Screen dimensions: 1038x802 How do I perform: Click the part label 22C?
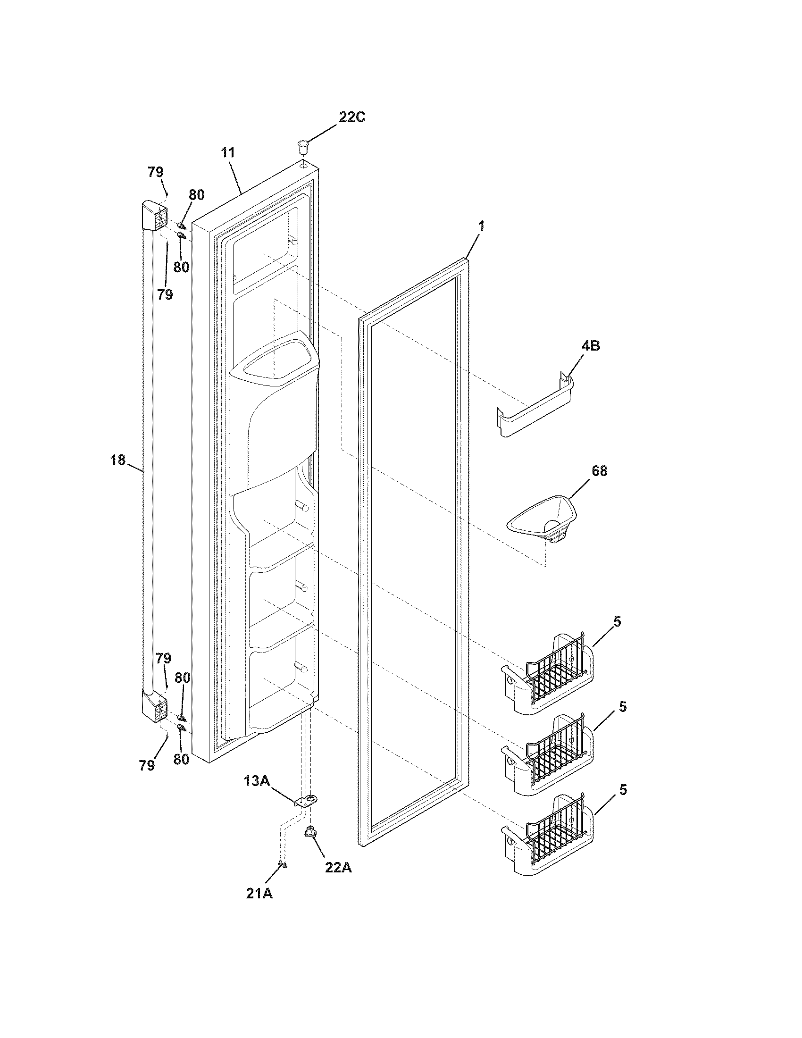click(x=351, y=117)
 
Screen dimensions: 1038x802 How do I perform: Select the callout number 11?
click(x=227, y=153)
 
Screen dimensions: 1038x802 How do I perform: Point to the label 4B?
click(x=590, y=345)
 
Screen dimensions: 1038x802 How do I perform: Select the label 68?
click(x=599, y=470)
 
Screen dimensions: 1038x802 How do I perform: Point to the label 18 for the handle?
click(x=118, y=460)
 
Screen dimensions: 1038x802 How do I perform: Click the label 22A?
click(x=338, y=867)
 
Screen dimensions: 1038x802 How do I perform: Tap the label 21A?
click(x=259, y=894)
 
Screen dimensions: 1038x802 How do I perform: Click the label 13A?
click(x=257, y=780)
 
